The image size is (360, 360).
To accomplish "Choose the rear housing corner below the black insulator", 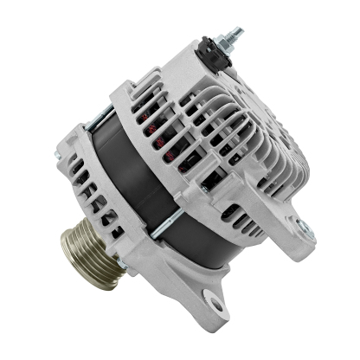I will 195,74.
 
